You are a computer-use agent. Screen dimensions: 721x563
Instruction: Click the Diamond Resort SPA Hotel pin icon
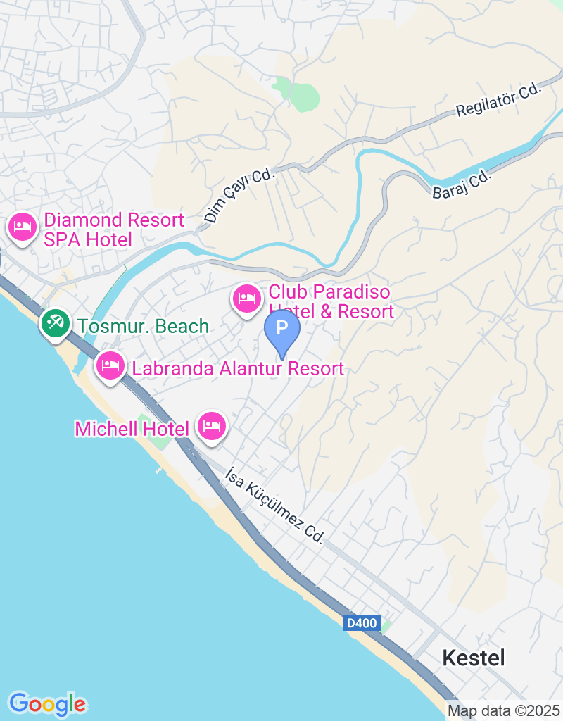(23, 227)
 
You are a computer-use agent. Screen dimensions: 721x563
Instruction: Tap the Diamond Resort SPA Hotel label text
(113, 230)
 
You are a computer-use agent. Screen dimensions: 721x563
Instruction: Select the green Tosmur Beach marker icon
(54, 324)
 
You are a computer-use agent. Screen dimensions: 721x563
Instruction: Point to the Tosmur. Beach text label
(144, 326)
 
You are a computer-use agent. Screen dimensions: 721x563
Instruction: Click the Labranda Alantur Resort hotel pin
(110, 366)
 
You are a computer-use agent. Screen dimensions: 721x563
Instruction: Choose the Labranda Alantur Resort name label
(238, 368)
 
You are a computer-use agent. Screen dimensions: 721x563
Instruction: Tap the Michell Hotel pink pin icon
(212, 426)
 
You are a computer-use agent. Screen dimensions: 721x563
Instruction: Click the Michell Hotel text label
(132, 429)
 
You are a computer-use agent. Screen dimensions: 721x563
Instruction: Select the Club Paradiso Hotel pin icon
(246, 299)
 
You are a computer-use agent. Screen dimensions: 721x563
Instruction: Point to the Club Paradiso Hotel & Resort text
(330, 301)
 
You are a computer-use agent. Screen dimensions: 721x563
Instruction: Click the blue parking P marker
(282, 329)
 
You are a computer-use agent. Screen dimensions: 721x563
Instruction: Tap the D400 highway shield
(363, 623)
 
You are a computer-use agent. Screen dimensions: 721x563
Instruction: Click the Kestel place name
(474, 658)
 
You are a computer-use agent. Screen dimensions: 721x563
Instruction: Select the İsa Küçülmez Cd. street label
(274, 505)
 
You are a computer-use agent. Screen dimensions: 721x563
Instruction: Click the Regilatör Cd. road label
(498, 100)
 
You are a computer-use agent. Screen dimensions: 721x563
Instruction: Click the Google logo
(48, 703)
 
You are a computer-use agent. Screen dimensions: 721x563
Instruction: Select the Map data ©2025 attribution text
(503, 710)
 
